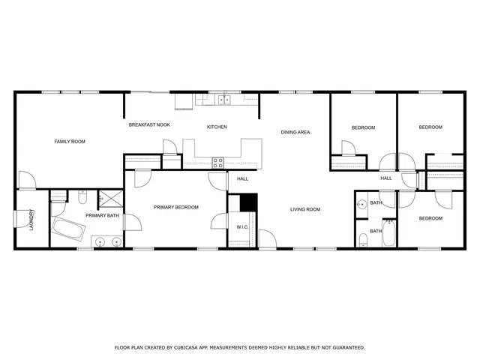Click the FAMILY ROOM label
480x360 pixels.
pyautogui.click(x=69, y=141)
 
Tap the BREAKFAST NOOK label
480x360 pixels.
pyautogui.click(x=149, y=124)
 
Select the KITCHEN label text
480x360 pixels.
pyautogui.click(x=217, y=127)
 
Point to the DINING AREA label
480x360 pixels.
pyautogui.click(x=295, y=132)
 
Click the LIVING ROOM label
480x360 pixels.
pyautogui.click(x=305, y=209)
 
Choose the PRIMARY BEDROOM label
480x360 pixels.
pyautogui.click(x=176, y=207)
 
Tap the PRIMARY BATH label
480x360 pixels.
pyautogui.click(x=101, y=216)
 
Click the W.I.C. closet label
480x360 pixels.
pyautogui.click(x=242, y=226)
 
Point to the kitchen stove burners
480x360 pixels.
pyautogui.click(x=218, y=161)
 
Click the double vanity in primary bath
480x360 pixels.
pyautogui.click(x=109, y=241)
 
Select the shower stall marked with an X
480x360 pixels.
pyautogui.click(x=111, y=198)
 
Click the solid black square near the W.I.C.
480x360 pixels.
pyautogui.click(x=247, y=202)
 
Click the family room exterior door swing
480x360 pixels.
pyautogui.click(x=25, y=180)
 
